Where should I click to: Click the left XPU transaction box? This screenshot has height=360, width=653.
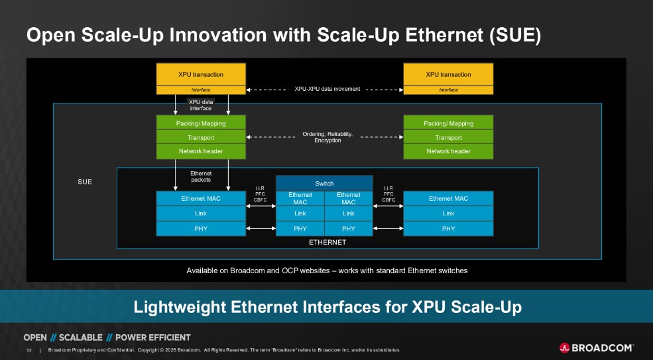[x=200, y=74]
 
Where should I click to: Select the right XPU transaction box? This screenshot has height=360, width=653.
[x=448, y=74]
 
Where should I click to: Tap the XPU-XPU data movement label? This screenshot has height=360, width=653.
[x=327, y=89]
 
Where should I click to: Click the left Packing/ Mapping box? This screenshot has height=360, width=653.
[x=200, y=123]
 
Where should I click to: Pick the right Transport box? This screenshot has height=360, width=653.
[x=448, y=137]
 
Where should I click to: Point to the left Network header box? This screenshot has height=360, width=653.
[x=200, y=151]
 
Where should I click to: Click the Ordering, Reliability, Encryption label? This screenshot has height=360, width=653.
[x=327, y=137]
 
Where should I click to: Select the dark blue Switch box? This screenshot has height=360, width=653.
[x=324, y=183]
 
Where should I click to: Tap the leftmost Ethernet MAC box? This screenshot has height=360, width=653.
[x=200, y=198]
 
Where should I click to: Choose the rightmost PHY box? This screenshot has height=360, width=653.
[x=448, y=229]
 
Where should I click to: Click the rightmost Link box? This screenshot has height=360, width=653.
[x=448, y=213]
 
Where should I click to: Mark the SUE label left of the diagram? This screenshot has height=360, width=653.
[x=84, y=182]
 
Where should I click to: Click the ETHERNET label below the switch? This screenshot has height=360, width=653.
[x=327, y=243]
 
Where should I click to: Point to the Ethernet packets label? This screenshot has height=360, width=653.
[x=201, y=176]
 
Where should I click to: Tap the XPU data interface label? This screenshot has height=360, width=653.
[x=201, y=105]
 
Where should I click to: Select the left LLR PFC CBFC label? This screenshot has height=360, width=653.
[x=260, y=194]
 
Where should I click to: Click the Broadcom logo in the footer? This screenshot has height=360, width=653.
[x=596, y=347]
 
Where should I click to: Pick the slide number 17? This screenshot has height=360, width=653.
[x=29, y=350]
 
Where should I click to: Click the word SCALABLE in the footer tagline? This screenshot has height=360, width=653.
[x=78, y=337]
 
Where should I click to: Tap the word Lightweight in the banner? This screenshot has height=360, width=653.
[x=180, y=307]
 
